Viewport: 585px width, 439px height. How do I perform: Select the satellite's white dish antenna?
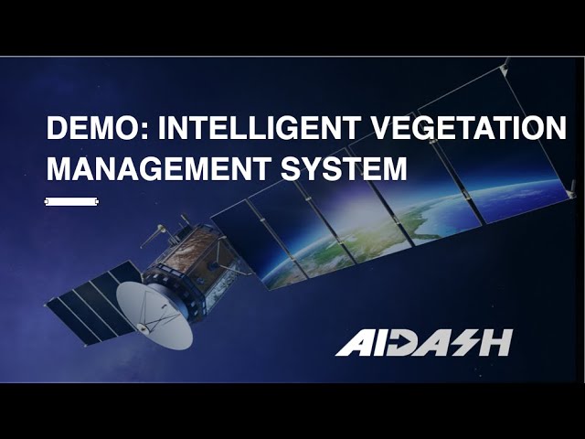point(154,314)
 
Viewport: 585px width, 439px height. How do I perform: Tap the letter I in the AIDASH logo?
point(376,342)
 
